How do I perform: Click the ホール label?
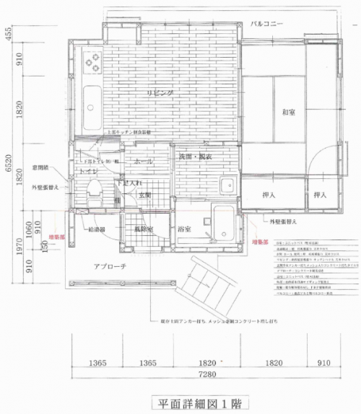[143, 162]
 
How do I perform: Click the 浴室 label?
[184, 229]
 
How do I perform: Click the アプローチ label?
[110, 266]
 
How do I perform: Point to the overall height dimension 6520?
[6, 171]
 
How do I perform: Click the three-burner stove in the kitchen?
[93, 64]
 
